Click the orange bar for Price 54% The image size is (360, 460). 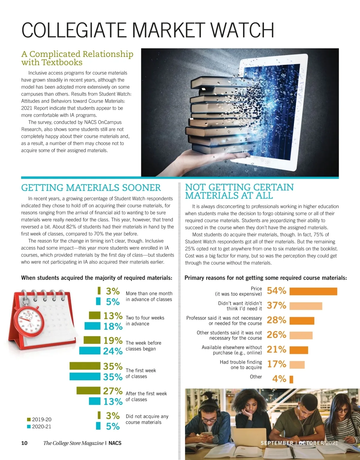pyautogui.click(x=313, y=291)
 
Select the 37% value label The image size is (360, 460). pyautogui.click(x=276, y=305)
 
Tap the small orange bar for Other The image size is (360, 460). pyautogui.click(x=291, y=379)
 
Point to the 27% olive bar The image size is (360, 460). pyautogui.click(x=88, y=391)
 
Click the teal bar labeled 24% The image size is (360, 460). pyautogui.click(x=89, y=351)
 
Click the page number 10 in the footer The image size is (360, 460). pyautogui.click(x=24, y=443)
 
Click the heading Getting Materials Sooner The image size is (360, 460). pyautogui.click(x=91, y=188)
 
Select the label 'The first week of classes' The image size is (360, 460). pyautogui.click(x=140, y=373)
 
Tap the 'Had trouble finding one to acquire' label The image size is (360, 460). pyautogui.click(x=241, y=365)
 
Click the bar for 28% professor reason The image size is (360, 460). pyautogui.click(x=302, y=321)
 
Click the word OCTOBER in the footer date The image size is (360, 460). pyautogui.click(x=311, y=443)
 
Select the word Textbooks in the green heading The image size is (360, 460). pyautogui.click(x=62, y=62)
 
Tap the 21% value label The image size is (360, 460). pyautogui.click(x=276, y=349)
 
